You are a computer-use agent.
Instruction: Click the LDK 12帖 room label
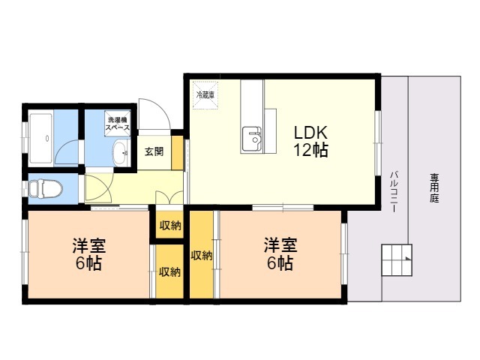[310, 141]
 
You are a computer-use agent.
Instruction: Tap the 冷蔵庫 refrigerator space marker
[205, 95]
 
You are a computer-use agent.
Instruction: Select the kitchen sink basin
[252, 139]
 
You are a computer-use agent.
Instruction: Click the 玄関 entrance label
[154, 151]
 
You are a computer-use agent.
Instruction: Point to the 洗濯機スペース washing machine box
[118, 123]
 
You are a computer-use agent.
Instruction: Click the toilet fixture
[46, 188]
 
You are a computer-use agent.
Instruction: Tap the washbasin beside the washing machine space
[120, 152]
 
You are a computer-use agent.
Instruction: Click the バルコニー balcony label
[394, 192]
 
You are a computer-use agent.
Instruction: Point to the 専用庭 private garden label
[434, 188]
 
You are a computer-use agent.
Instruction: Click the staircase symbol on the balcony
[397, 260]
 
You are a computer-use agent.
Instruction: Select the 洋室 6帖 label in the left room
[88, 254]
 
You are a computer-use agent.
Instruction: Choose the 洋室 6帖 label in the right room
[280, 254]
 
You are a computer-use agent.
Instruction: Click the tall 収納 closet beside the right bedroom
[202, 255]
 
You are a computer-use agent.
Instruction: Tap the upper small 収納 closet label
[170, 226]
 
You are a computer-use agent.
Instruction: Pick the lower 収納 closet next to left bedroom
[169, 271]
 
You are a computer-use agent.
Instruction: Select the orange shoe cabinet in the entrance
[177, 152]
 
